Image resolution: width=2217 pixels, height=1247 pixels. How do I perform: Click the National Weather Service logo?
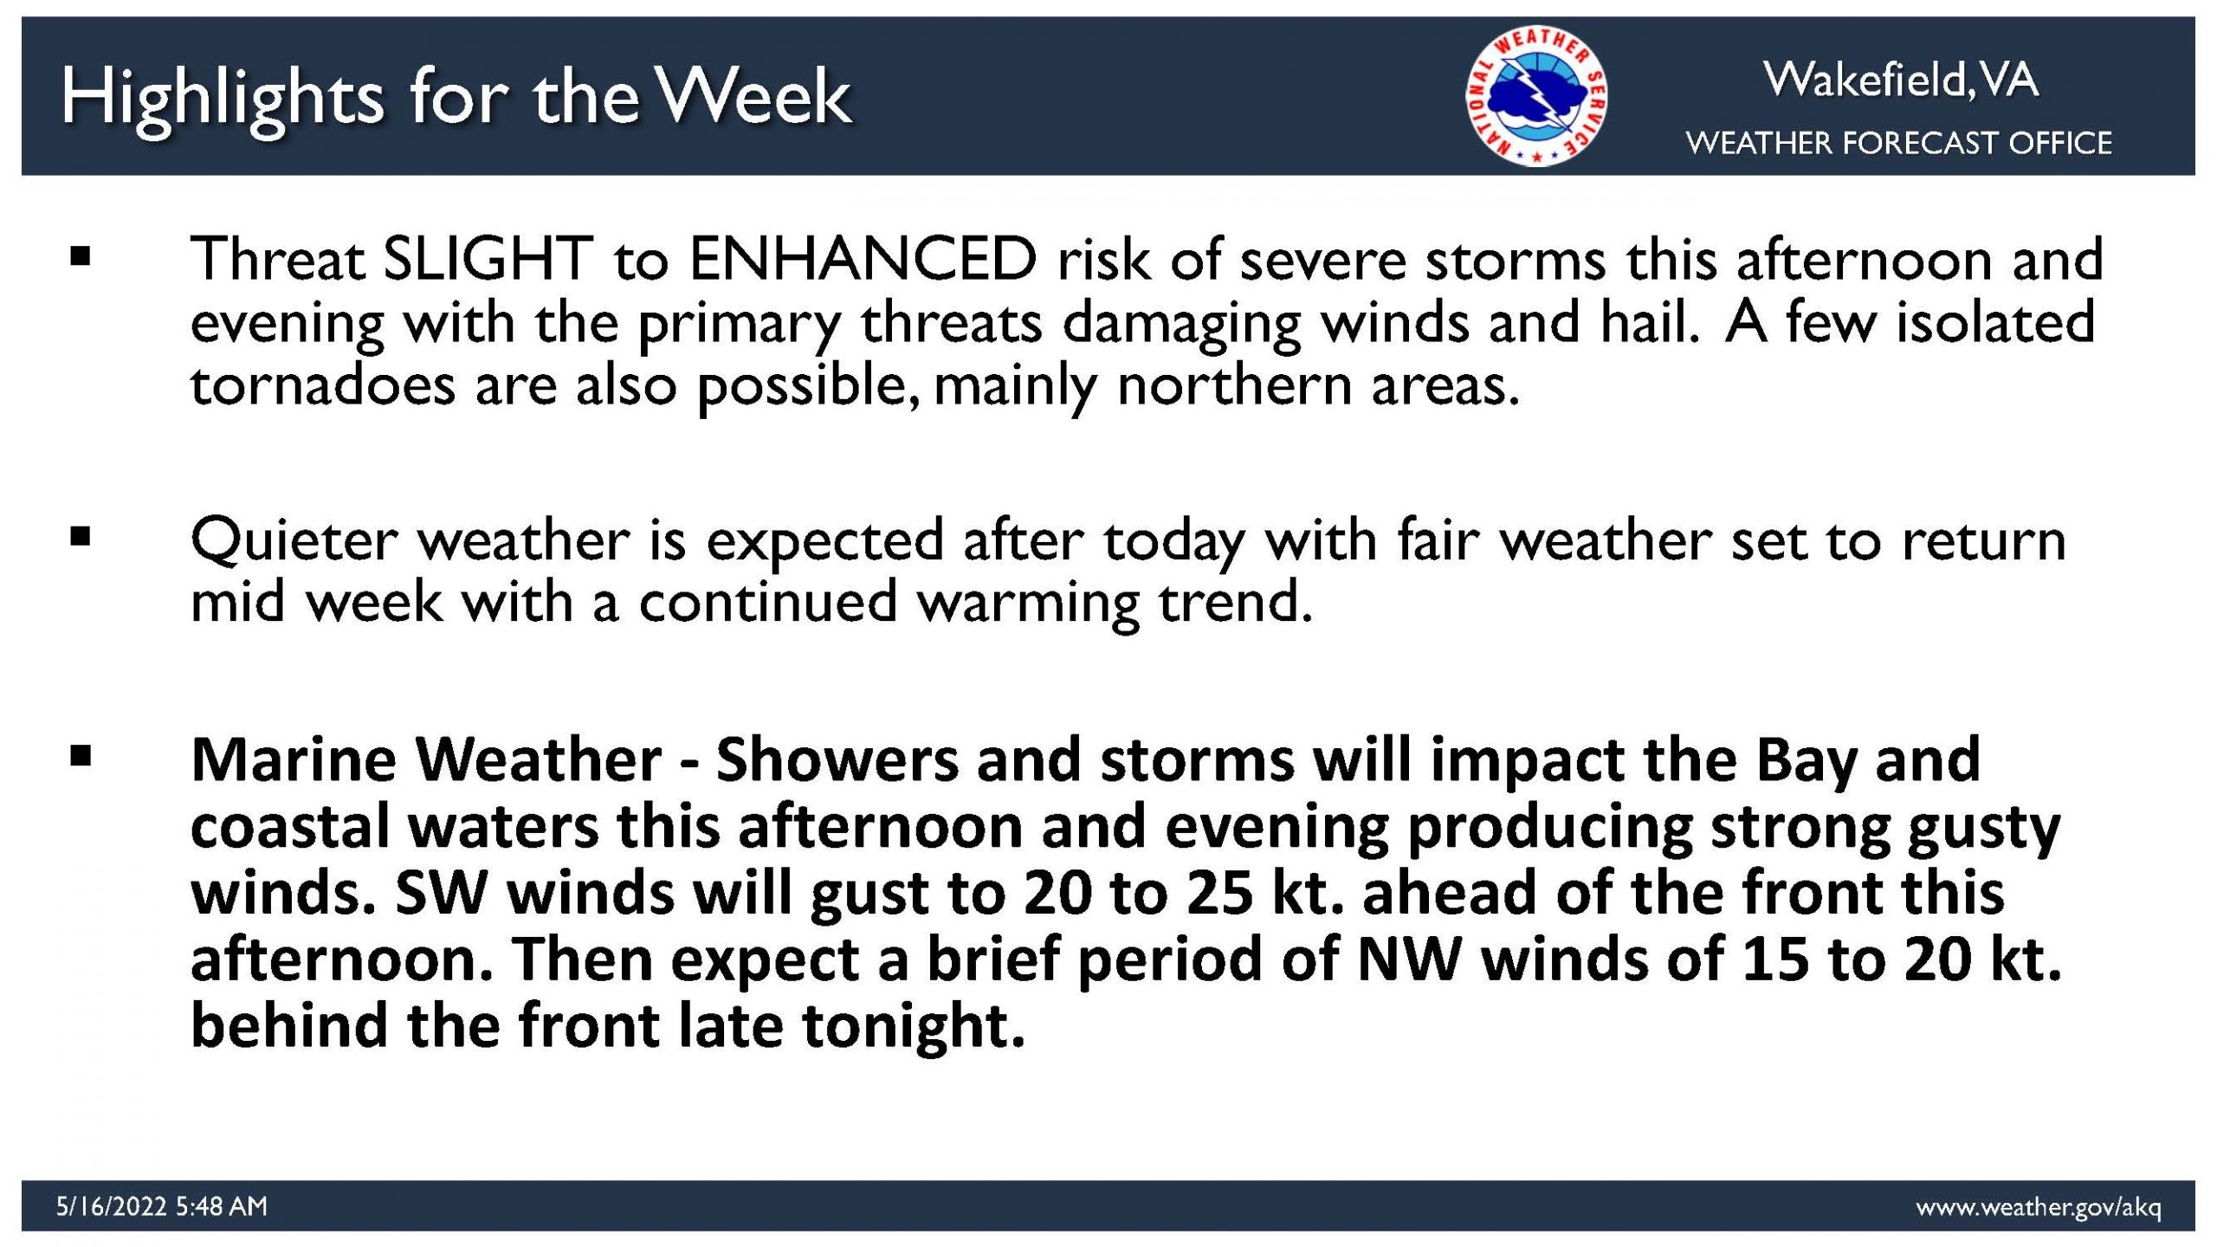1536,95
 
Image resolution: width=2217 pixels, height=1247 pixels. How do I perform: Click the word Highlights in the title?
223,99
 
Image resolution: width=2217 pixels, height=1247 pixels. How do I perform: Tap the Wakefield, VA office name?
1901,80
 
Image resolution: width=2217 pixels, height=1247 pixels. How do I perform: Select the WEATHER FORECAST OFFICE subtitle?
1899,143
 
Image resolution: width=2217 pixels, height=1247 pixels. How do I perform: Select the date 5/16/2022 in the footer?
111,1206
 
